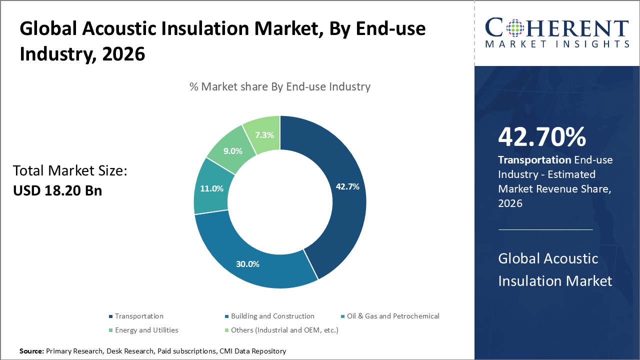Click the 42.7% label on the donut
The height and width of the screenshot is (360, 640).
point(347,186)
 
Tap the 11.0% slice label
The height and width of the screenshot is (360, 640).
point(211,188)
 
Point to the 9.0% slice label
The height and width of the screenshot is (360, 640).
point(232,151)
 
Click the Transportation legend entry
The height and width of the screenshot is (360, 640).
point(138,316)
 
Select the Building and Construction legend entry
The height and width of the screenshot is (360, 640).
point(272,316)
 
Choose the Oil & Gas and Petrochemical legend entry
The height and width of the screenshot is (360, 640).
point(392,316)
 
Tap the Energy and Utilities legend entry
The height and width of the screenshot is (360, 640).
point(146,330)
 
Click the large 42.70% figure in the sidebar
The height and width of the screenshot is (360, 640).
point(542,137)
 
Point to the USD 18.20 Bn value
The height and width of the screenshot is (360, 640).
point(57,190)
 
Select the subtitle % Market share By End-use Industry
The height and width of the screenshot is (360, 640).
point(280,86)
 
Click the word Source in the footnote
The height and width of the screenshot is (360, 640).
point(31,351)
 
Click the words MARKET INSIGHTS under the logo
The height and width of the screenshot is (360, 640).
point(556,44)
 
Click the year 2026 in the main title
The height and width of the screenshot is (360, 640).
point(123,53)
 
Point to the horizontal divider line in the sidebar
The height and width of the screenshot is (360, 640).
point(545,229)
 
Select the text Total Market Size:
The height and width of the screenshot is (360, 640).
point(70,171)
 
